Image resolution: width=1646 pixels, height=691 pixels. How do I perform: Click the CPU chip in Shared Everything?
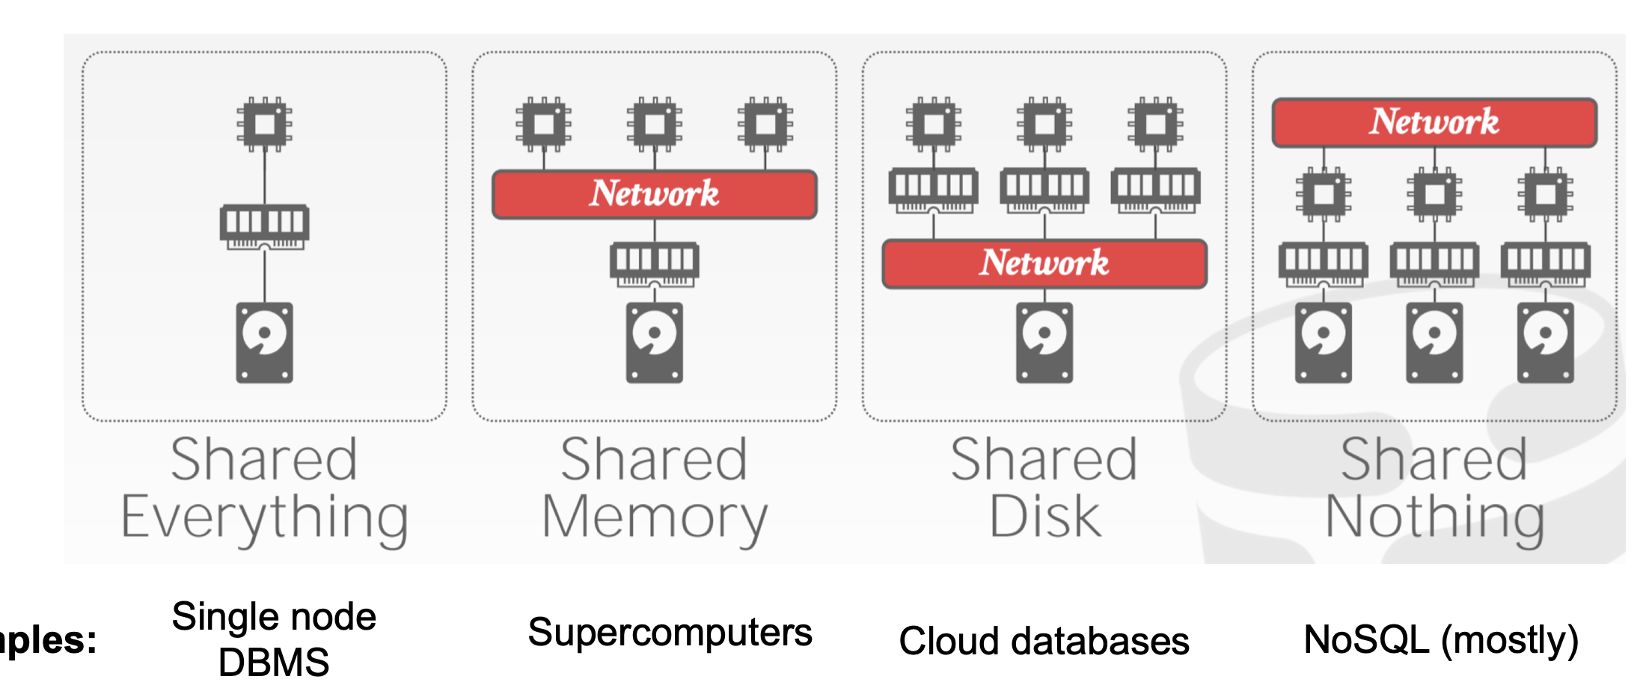point(264,123)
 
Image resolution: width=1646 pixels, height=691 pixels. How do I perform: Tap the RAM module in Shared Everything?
point(264,225)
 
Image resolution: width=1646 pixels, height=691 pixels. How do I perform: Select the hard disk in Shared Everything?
point(264,343)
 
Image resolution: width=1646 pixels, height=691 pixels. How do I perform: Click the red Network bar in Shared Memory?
point(654,194)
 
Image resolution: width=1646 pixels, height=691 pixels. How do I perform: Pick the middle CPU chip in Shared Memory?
point(654,123)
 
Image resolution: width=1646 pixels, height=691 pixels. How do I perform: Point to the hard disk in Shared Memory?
point(654,343)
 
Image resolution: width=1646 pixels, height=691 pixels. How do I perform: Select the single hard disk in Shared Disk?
point(1044,343)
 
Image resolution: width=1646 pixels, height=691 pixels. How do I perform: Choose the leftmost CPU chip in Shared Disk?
point(933,123)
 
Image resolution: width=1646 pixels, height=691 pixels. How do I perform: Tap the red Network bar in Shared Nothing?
point(1434,122)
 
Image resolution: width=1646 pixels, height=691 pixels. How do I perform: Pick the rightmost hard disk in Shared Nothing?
point(1545,343)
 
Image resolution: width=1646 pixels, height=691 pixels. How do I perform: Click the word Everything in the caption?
point(264,518)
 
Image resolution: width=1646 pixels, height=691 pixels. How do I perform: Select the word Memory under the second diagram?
point(654,518)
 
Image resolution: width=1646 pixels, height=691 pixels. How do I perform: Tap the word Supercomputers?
point(670,633)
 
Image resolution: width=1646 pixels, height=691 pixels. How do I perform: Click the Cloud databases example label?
point(1044,642)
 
